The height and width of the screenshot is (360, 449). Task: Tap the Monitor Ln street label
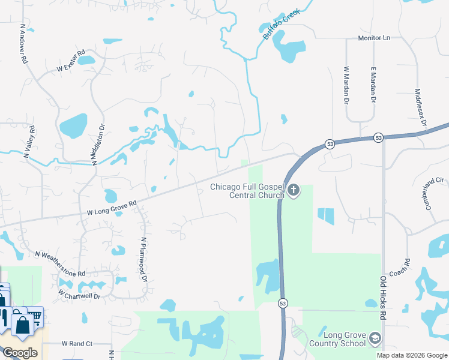[x=374, y=38]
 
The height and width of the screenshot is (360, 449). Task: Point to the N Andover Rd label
[x=23, y=44]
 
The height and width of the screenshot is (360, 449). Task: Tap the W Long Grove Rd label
[x=112, y=208]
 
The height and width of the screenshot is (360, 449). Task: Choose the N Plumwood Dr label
[x=143, y=259]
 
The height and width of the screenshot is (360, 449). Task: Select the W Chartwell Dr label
[x=79, y=295]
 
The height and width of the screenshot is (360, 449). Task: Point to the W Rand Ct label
[x=77, y=344]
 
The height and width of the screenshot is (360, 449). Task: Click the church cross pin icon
[x=294, y=191]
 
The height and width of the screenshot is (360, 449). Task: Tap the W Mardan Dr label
[x=346, y=85]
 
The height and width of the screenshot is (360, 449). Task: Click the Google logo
[x=20, y=353]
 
